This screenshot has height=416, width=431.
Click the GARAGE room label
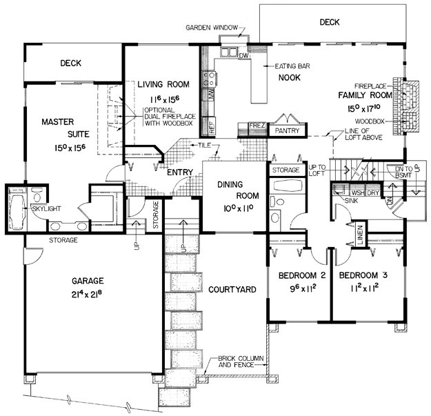(86, 281)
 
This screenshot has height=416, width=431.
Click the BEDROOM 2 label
(297, 276)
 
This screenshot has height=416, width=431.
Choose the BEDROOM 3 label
(363, 276)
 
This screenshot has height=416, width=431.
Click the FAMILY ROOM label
(365, 94)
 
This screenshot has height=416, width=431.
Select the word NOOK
(290, 78)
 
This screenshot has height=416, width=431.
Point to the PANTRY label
(287, 130)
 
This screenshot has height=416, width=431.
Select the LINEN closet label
(359, 235)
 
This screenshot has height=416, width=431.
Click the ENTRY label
(179, 172)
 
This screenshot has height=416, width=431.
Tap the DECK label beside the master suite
(70, 63)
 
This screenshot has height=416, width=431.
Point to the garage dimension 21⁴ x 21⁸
(86, 295)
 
